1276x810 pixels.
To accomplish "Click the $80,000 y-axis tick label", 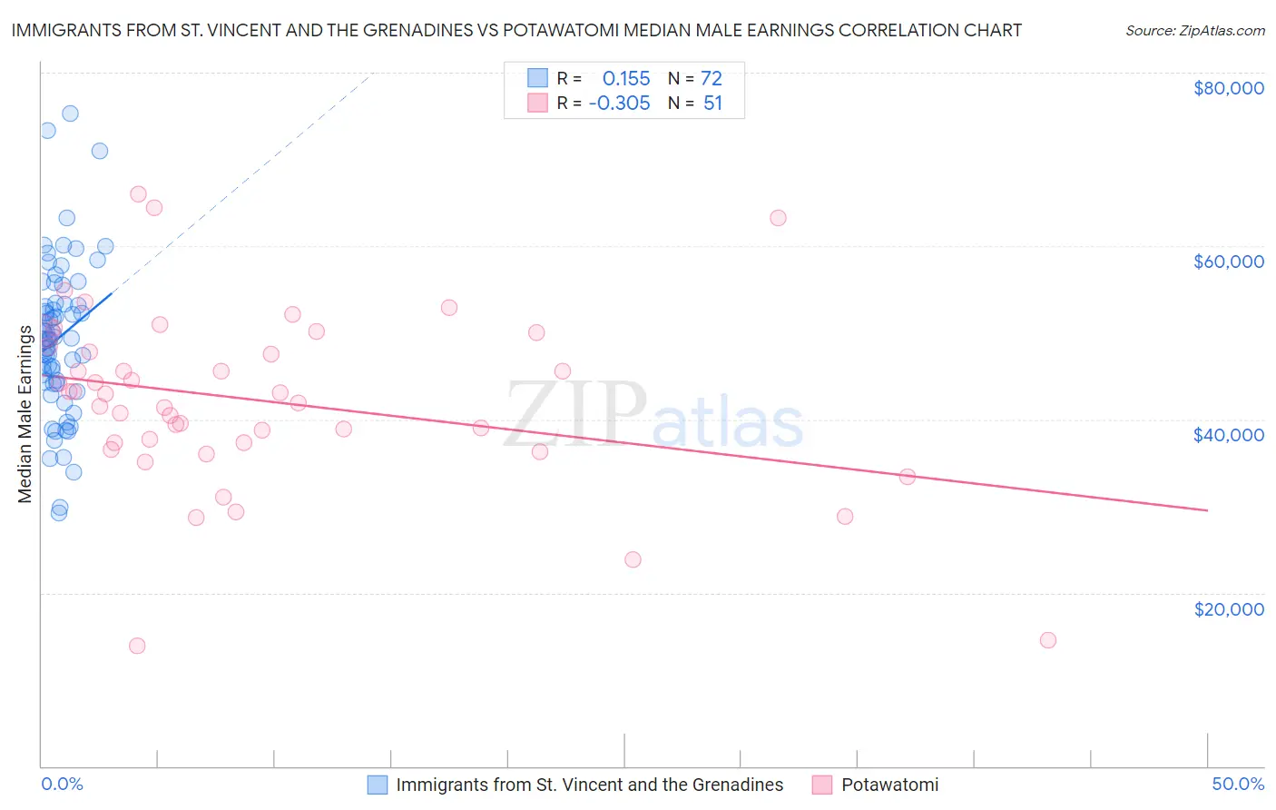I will [1229, 88].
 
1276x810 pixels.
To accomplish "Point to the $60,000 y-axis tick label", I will [1229, 262].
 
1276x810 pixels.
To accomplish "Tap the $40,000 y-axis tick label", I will [1229, 435].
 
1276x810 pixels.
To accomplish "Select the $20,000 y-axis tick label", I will [1229, 609].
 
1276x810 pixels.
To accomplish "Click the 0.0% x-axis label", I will [62, 784].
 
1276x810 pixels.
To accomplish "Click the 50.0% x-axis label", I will [1238, 784].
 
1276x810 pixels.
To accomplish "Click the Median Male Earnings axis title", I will [25, 413].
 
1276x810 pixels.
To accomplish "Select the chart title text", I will [516, 30].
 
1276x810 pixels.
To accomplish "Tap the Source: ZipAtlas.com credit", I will [1194, 30].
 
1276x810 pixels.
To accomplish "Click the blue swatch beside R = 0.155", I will [538, 78].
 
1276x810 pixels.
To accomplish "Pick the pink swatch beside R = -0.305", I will [538, 103].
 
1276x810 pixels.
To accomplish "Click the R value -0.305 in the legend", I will [619, 103].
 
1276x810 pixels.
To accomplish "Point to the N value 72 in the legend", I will [712, 78].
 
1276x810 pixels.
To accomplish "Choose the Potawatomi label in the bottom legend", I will [889, 785].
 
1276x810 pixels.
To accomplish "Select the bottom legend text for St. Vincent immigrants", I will [589, 785].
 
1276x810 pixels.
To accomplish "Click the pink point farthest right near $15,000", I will [1048, 640].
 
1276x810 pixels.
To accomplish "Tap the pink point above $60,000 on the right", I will [778, 218].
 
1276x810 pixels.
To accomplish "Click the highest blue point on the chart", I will [70, 114].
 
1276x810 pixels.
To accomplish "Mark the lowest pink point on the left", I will [137, 646].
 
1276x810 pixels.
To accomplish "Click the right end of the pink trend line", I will [1207, 510].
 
